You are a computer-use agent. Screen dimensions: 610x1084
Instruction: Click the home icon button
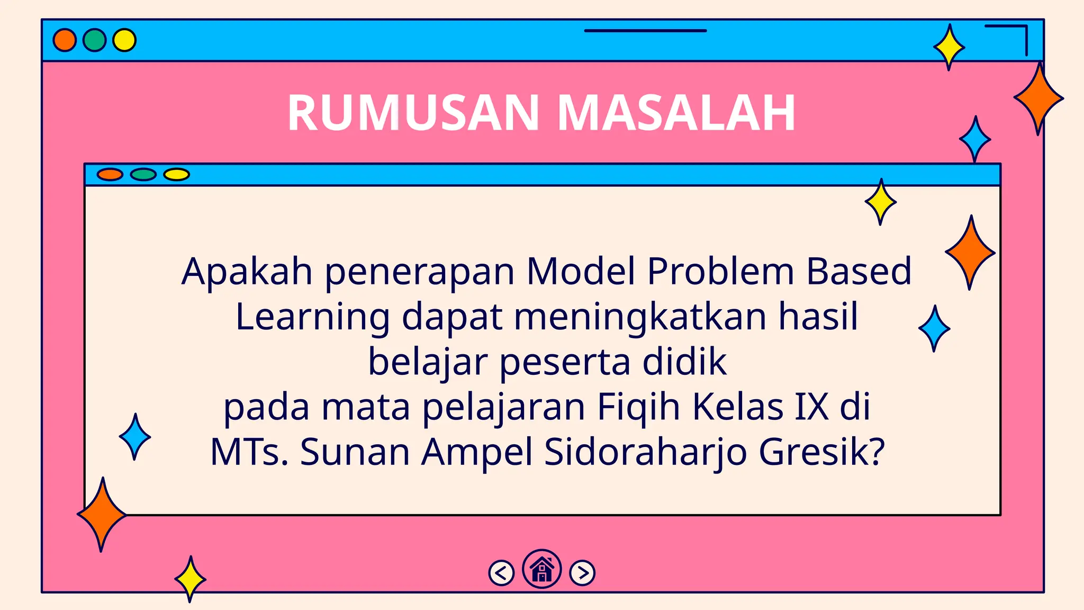[x=541, y=569]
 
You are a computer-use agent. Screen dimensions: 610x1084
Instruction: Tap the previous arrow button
[x=501, y=573]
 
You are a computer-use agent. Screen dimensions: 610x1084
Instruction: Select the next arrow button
[x=582, y=573]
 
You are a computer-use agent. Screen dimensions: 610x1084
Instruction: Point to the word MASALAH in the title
[x=676, y=113]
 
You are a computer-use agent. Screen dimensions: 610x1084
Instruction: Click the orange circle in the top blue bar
[x=65, y=40]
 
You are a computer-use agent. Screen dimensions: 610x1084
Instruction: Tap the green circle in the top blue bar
[x=95, y=40]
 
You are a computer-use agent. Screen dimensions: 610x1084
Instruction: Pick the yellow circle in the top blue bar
[x=124, y=40]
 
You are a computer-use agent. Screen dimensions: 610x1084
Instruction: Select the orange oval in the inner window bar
[x=110, y=174]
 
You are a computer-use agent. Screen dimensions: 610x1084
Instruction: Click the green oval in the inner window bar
[x=143, y=174]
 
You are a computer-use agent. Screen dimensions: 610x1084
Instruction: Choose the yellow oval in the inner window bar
[x=176, y=174]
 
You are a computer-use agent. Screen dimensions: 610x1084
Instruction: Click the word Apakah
[x=247, y=272]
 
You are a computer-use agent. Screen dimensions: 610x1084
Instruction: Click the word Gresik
[x=821, y=453]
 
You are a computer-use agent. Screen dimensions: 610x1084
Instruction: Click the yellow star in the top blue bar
[x=949, y=47]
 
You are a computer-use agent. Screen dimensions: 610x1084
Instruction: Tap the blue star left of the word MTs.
[x=135, y=437]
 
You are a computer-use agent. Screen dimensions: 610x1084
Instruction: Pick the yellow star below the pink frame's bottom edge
[x=190, y=579]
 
